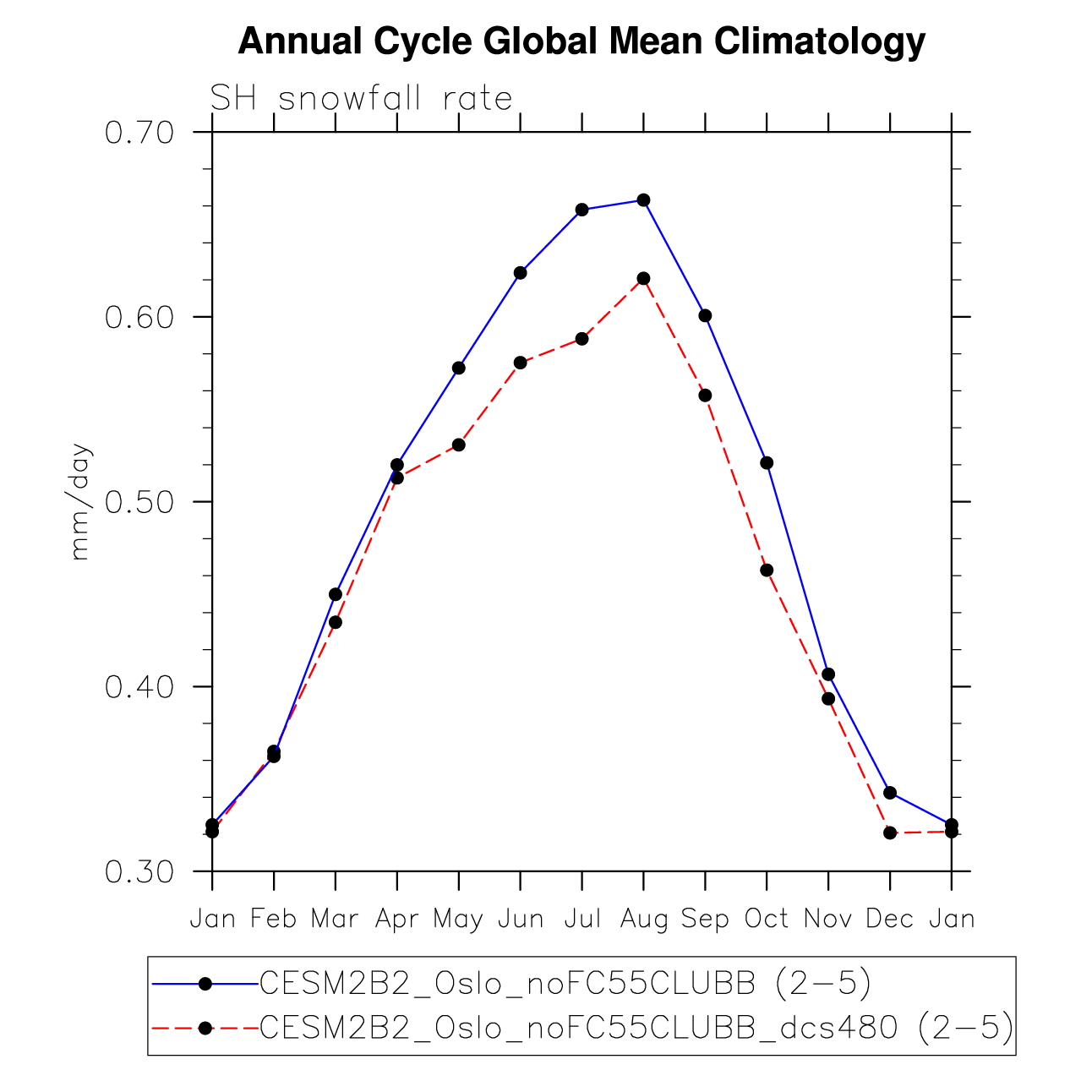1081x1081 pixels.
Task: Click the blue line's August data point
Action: [x=643, y=200]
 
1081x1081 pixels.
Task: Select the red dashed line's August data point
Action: [x=643, y=278]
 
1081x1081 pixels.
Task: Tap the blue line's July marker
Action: [x=581, y=210]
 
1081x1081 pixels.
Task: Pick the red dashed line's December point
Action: [x=889, y=833]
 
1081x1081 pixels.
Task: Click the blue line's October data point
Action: [x=767, y=462]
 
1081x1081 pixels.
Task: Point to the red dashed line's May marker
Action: [x=458, y=445]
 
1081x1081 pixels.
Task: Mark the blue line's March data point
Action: [x=336, y=594]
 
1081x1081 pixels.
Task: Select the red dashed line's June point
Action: [x=520, y=363]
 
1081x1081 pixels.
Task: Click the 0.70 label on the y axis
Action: [x=139, y=133]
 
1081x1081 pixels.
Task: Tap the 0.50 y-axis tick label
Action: [x=139, y=502]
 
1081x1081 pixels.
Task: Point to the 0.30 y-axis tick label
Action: [x=139, y=871]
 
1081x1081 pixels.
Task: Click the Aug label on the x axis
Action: [x=644, y=919]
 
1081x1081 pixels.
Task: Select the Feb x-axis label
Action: [x=274, y=919]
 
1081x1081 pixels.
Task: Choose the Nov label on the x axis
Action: [x=828, y=919]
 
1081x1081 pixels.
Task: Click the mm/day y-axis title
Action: [x=80, y=502]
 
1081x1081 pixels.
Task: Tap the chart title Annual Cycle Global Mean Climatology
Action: [x=581, y=41]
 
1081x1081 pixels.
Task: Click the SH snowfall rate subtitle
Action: [x=361, y=99]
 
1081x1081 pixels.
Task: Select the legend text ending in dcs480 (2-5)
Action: [x=636, y=1028]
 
